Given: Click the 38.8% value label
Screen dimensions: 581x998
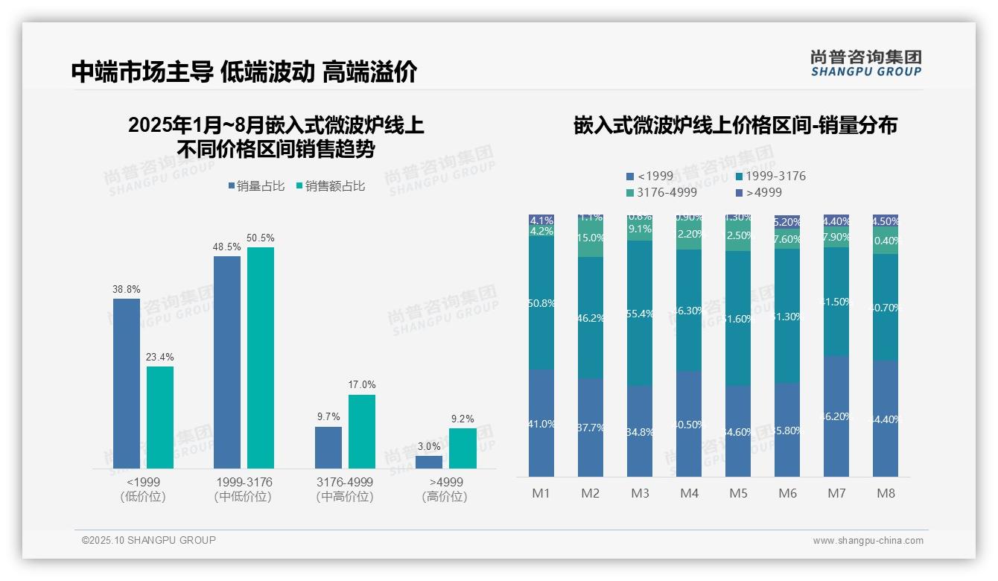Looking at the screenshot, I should [x=127, y=289].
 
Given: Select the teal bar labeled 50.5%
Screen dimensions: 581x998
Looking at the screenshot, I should [x=261, y=358].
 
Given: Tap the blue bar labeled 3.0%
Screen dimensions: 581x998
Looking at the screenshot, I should [x=429, y=462].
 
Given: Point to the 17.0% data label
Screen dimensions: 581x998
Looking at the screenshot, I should [x=362, y=384].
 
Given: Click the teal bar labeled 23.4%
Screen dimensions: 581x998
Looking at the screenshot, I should [x=160, y=417].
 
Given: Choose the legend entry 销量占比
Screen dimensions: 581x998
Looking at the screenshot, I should [x=255, y=186].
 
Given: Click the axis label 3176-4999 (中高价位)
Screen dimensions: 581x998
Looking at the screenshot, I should [x=345, y=489].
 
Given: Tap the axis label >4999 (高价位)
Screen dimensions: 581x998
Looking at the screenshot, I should [x=445, y=489].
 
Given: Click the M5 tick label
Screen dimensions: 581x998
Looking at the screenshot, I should [x=738, y=493].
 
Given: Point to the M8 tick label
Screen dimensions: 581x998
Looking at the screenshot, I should [x=886, y=493].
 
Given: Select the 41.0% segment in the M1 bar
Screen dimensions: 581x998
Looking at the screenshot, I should [x=541, y=423].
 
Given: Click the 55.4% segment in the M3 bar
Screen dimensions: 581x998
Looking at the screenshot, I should [x=640, y=313].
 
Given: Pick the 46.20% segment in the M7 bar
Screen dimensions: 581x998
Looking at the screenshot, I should [x=836, y=416].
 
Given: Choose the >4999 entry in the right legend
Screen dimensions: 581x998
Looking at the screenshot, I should [x=758, y=193].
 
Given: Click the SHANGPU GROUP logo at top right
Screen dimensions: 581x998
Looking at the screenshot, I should [x=865, y=63].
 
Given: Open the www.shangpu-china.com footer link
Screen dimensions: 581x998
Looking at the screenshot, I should [x=868, y=541].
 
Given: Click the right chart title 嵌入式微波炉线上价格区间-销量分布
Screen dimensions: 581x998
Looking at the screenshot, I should [x=735, y=125].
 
